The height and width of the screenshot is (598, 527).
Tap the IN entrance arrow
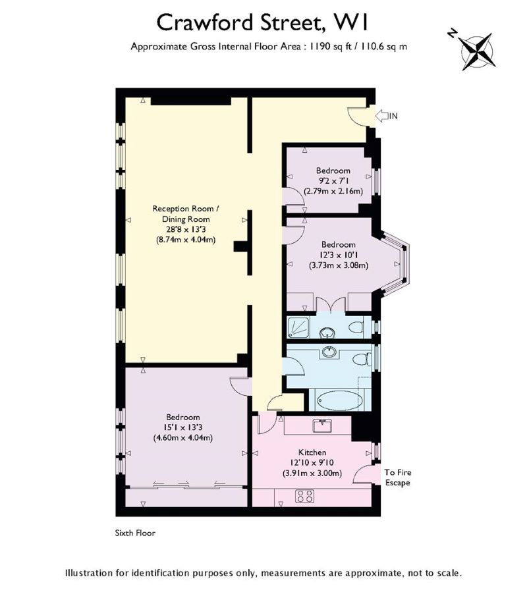pyautogui.click(x=381, y=115)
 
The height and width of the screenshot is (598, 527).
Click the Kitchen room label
pyautogui.click(x=312, y=452)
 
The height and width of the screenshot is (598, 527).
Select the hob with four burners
pyautogui.click(x=304, y=496)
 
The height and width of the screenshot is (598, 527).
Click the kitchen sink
pyautogui.click(x=323, y=425)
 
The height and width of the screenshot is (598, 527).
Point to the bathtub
pyautogui.click(x=340, y=400)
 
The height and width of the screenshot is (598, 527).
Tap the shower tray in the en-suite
pyautogui.click(x=298, y=327)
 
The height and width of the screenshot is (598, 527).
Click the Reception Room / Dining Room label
pyautogui.click(x=186, y=214)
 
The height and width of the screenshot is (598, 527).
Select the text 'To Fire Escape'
pyautogui.click(x=397, y=477)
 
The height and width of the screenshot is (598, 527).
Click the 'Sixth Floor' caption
pyautogui.click(x=135, y=533)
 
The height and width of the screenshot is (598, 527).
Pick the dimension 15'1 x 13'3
pyautogui.click(x=184, y=427)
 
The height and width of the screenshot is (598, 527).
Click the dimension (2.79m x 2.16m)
pyautogui.click(x=333, y=191)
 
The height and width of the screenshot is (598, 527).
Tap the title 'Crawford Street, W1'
pyautogui.click(x=263, y=22)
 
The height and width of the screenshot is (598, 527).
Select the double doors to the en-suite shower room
pyautogui.click(x=331, y=304)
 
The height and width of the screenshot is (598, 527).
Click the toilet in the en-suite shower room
pyautogui.click(x=356, y=327)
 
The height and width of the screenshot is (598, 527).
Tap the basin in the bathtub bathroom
pyautogui.click(x=329, y=351)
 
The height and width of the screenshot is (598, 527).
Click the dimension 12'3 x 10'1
pyautogui.click(x=338, y=255)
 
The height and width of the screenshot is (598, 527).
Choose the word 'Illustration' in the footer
pyautogui.click(x=89, y=573)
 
